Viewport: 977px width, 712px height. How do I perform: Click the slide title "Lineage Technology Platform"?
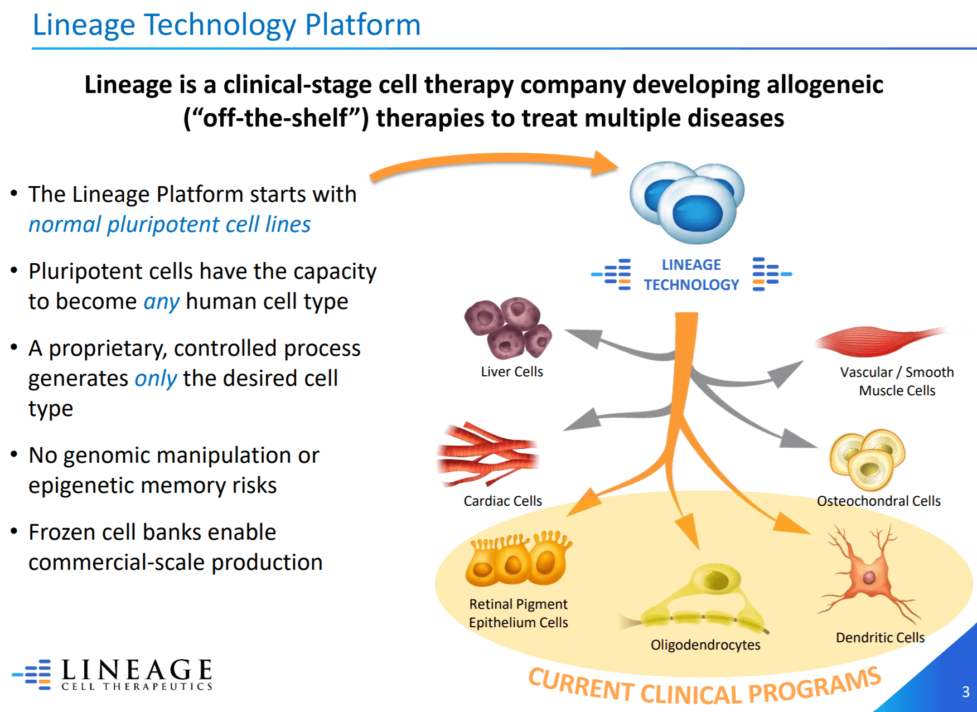click(226, 25)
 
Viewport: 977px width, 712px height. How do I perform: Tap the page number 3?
click(965, 692)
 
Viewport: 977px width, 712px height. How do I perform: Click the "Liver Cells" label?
click(511, 372)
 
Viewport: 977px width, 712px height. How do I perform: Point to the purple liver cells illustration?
click(508, 327)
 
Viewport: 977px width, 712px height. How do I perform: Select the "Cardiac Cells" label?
click(502, 501)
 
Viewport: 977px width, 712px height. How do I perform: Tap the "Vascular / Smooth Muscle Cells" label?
click(897, 381)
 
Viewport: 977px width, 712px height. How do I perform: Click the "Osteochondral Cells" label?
click(878, 501)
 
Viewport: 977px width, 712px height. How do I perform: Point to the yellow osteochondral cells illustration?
click(867, 458)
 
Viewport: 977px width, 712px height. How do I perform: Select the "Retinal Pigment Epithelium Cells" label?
click(518, 613)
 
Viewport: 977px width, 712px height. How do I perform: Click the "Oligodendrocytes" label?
click(705, 645)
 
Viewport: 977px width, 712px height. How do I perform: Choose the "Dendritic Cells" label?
click(880, 638)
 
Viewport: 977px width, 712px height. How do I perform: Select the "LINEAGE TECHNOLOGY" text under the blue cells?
click(691, 275)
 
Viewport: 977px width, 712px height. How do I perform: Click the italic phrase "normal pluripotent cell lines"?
click(170, 225)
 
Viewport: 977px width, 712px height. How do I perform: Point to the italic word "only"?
click(156, 379)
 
